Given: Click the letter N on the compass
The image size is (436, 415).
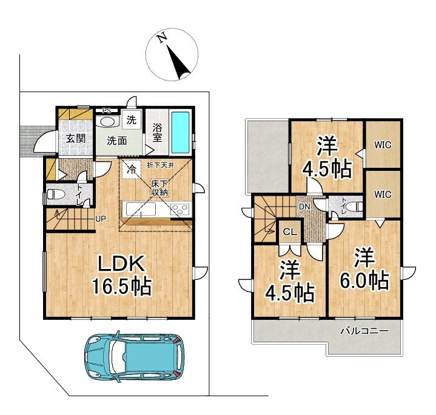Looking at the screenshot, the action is (162, 38).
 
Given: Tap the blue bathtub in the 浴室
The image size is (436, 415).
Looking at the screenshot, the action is (181, 133).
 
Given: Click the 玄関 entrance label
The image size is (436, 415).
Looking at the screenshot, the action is (76, 138).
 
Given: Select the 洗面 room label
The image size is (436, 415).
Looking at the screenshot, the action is (117, 141).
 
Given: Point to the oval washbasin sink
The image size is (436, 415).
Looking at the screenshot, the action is (107, 122).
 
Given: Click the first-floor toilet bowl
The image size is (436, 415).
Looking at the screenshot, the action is (53, 194).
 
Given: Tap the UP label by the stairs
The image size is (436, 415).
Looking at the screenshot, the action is (101, 219).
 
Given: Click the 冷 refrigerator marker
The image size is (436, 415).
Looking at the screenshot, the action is (132, 170).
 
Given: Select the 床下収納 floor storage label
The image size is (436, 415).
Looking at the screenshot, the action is (159, 188).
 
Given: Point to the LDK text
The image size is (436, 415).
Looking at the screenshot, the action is (121, 263).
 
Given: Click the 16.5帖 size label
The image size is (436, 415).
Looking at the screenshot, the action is (122, 286).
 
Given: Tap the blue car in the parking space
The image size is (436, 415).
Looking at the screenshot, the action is (134, 356).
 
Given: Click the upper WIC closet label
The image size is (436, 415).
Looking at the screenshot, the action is (383, 145).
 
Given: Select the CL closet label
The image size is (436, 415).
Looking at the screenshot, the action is (290, 232).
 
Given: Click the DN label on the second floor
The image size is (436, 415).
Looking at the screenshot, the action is (304, 207).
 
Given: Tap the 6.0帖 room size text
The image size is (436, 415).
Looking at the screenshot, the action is (364, 281).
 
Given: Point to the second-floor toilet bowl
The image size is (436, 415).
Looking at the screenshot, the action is (356, 207).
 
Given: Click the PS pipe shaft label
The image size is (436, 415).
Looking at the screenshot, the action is (107, 110).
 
